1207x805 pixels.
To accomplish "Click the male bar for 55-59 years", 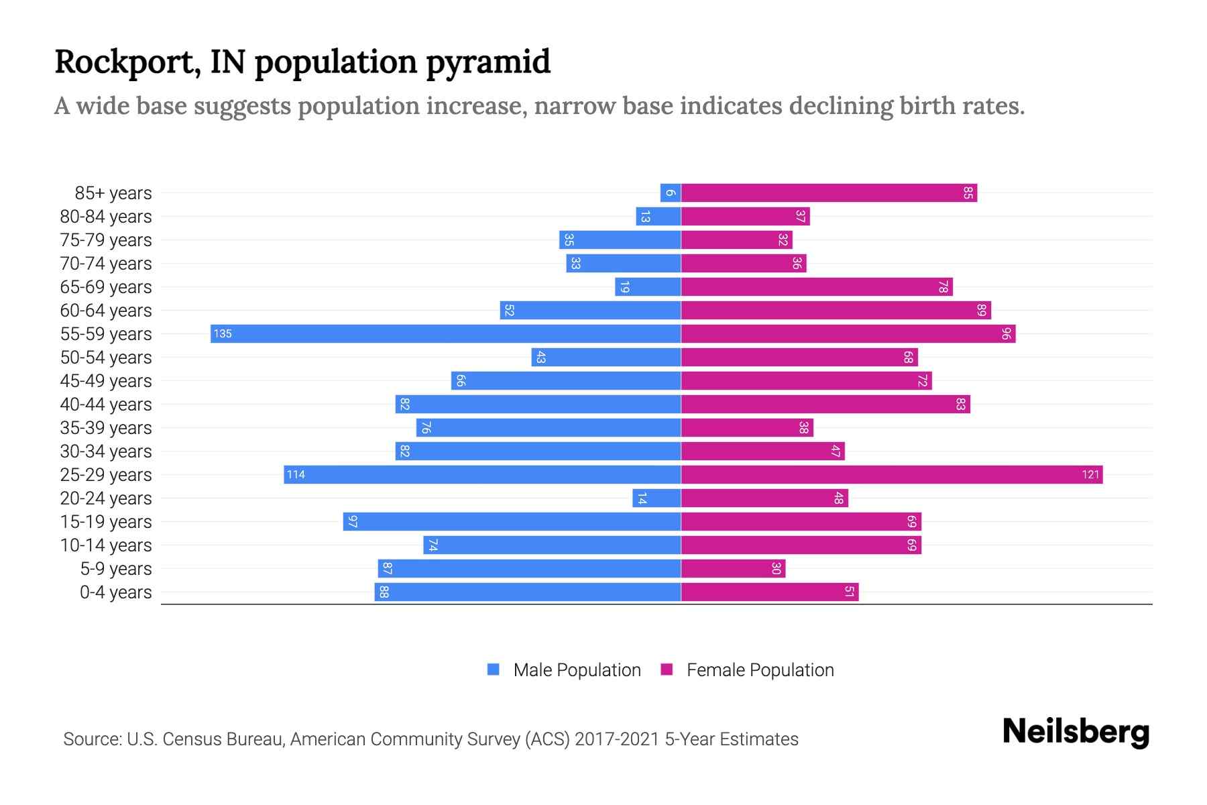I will point(446,334).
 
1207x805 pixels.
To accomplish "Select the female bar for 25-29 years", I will point(892,475).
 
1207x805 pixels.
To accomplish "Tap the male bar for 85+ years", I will point(671,193).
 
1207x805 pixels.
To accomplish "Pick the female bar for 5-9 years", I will point(733,569).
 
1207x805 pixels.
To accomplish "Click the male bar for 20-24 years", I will point(656,498).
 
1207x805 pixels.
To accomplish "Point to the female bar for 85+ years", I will point(829,193).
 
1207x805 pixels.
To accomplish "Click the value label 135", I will point(223,334).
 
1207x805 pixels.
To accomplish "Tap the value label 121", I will point(1090,475).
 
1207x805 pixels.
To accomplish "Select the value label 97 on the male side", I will point(353,522).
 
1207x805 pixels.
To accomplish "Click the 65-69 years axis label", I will point(106,287).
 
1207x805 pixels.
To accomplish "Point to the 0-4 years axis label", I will point(115,592).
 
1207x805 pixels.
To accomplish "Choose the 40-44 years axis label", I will point(106,405).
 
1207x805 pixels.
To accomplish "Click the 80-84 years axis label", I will point(106,217).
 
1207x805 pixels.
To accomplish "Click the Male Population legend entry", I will point(564,670).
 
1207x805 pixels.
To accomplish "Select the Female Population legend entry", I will point(748,670).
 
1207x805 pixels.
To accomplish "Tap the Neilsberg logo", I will point(1076,732).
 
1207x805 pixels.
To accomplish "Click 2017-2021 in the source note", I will point(617,739).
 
